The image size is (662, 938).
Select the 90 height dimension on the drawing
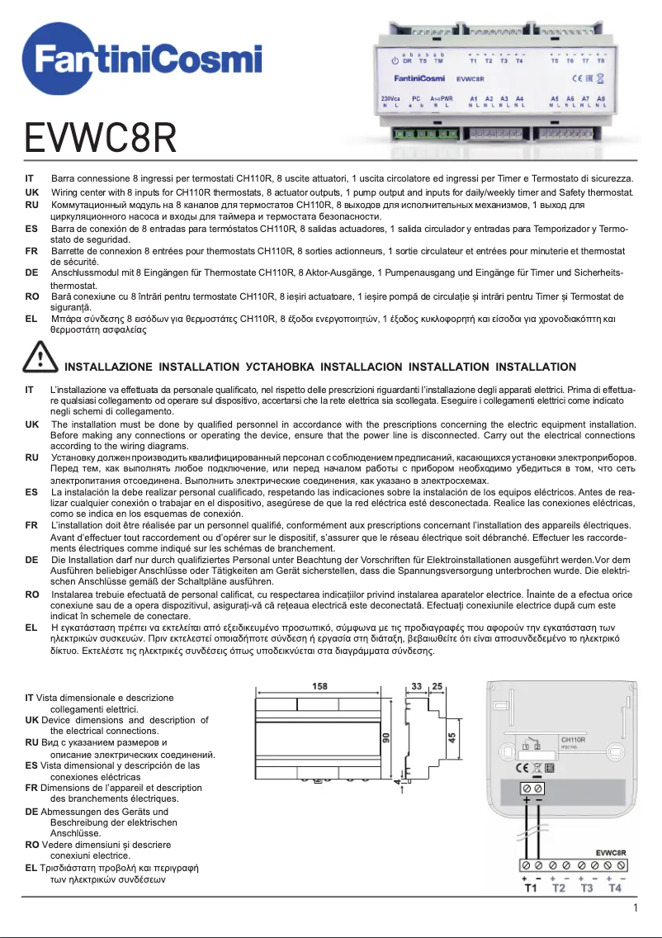[385, 737]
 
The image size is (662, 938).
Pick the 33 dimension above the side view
[417, 686]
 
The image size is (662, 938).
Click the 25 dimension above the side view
[437, 686]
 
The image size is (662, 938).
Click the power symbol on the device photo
[395, 61]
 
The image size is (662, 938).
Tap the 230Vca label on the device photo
[391, 98]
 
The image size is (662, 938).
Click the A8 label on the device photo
[600, 98]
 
